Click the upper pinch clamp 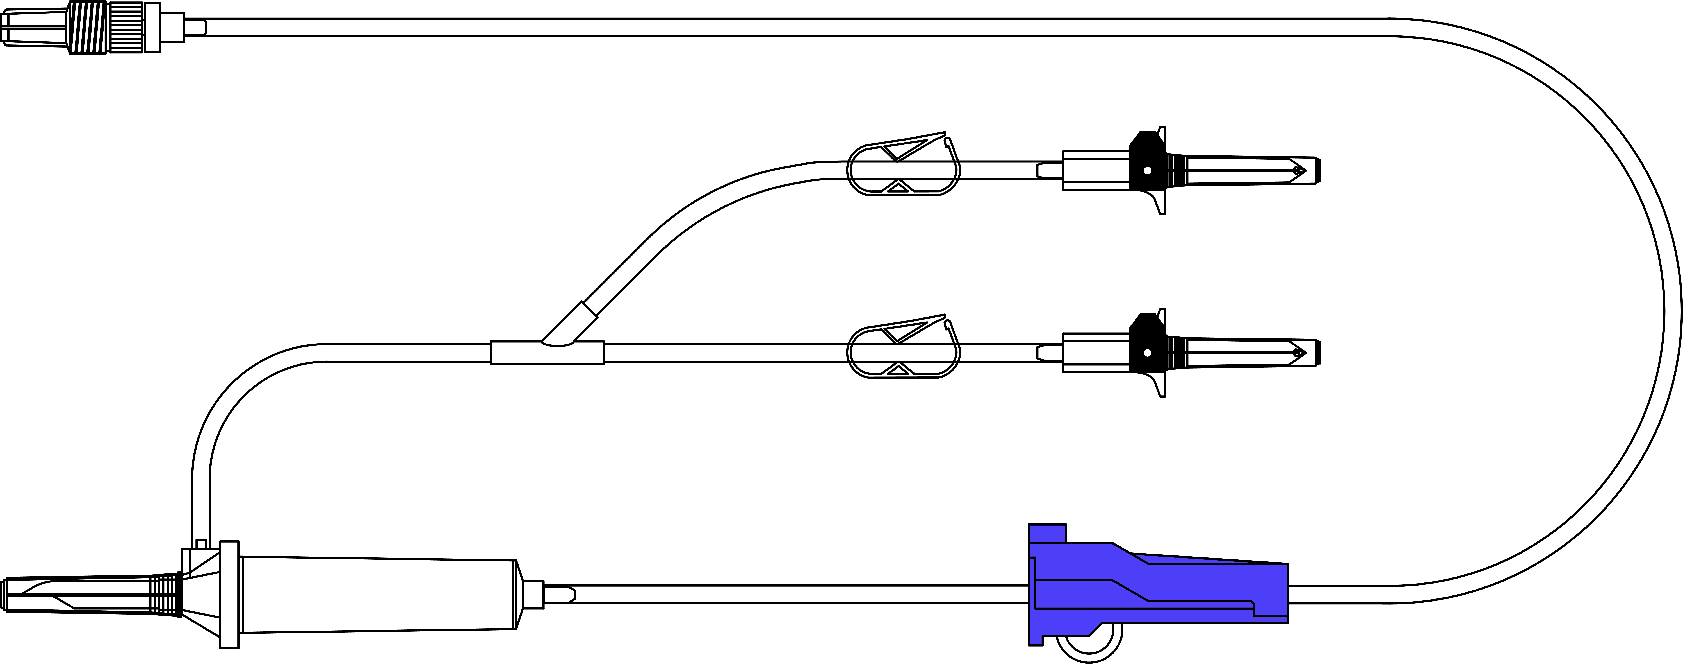pyautogui.click(x=904, y=169)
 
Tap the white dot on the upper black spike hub pyautogui.click(x=1147, y=171)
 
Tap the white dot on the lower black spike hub pyautogui.click(x=1147, y=353)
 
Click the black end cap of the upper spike pyautogui.click(x=1318, y=171)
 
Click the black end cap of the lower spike pyautogui.click(x=1318, y=353)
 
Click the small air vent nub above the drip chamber pyautogui.click(x=200, y=544)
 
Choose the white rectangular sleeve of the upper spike pyautogui.click(x=1096, y=171)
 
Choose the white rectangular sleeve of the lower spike pyautogui.click(x=1096, y=353)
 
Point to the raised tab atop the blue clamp pyautogui.click(x=1047, y=533)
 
